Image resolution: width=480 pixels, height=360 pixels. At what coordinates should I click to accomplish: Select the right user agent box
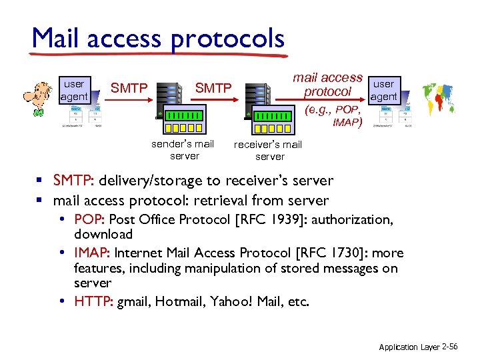(x=383, y=90)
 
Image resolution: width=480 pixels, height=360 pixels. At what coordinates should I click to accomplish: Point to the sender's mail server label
(x=183, y=149)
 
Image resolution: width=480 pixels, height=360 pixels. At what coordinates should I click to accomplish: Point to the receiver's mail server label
(x=268, y=150)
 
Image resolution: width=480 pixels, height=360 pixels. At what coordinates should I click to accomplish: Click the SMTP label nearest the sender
(x=129, y=87)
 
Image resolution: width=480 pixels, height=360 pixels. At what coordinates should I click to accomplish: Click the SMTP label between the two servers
(x=213, y=87)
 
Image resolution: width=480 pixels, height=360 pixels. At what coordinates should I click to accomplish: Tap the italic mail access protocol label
(x=327, y=85)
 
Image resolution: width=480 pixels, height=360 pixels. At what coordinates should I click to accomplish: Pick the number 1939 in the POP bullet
(x=287, y=219)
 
